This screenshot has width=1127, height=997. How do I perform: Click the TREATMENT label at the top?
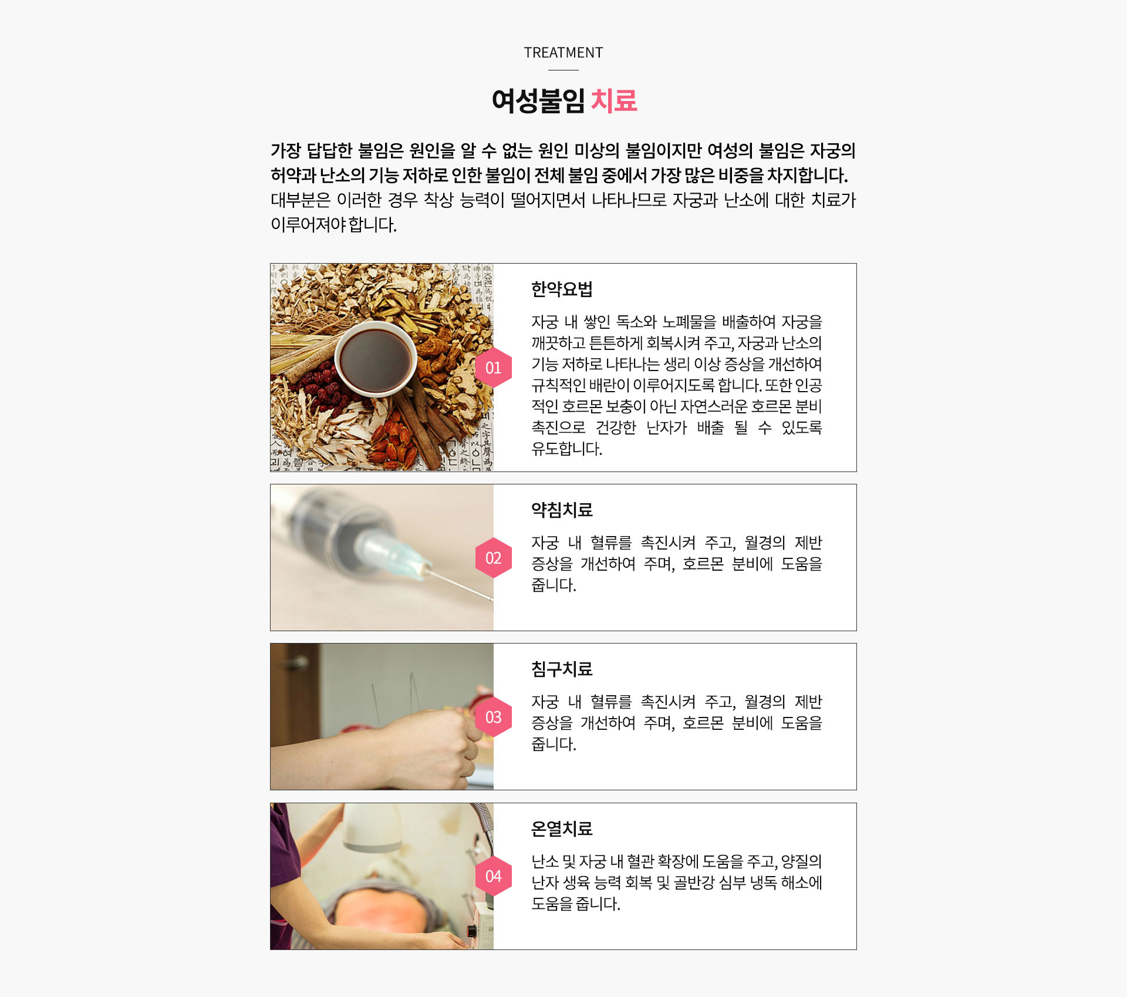563,53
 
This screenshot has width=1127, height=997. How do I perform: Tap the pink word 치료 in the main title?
613,100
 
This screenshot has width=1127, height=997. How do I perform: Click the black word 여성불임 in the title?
538,100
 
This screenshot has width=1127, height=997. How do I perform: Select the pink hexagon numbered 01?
494,368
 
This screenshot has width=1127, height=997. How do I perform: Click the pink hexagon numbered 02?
494,558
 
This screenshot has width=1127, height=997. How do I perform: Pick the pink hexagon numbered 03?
494,717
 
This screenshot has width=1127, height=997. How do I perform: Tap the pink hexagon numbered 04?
494,876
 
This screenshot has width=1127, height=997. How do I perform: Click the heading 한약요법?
562,289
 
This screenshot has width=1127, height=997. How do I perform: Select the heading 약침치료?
562,510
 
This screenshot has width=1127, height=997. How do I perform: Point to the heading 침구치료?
562,669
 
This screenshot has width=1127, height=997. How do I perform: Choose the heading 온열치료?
562,828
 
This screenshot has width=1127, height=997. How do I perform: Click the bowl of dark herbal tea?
376,359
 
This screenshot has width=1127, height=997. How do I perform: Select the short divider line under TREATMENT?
563,70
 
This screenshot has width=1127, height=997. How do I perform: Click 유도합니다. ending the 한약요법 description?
566,449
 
